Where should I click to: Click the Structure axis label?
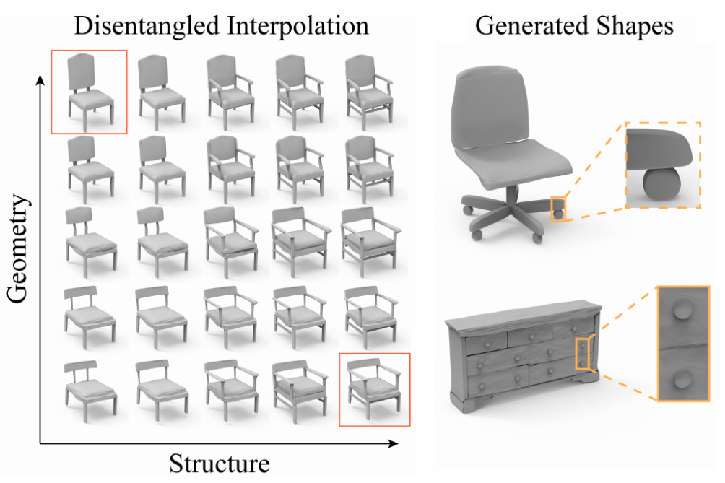click(x=219, y=462)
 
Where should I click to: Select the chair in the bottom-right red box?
click(x=373, y=388)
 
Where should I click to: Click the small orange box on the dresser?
click(x=583, y=353)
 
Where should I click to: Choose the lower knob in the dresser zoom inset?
click(x=683, y=378)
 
